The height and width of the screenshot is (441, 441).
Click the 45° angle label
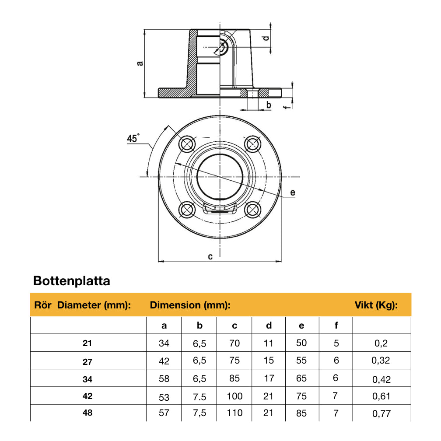click(133, 139)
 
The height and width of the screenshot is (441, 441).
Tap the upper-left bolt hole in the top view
click(187, 143)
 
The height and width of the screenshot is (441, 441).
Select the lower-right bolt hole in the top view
click(252, 210)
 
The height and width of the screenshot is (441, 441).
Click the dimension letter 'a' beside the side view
click(140, 63)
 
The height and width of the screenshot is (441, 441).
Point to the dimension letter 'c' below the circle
click(210, 256)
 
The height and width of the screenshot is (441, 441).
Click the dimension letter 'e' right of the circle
click(293, 192)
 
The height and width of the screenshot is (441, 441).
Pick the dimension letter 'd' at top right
click(266, 39)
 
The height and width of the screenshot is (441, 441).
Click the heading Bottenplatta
click(72, 281)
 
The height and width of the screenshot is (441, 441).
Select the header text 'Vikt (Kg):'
click(375, 305)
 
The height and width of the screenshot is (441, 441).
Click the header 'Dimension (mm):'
click(190, 305)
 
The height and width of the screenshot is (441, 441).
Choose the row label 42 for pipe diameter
click(87, 395)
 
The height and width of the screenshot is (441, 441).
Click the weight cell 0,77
click(381, 413)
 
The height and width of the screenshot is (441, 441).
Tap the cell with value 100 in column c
click(234, 396)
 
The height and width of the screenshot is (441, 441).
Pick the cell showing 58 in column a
click(164, 379)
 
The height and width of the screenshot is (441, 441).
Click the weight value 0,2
click(381, 343)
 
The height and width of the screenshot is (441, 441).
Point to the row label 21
click(87, 343)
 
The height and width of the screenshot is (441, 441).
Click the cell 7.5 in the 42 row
click(199, 396)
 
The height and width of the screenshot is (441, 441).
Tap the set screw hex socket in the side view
click(223, 46)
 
